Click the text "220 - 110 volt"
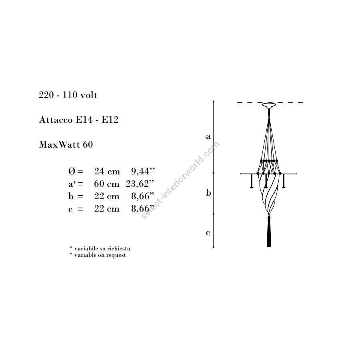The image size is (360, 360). tap(68, 95)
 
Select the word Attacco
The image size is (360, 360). tap(56, 120)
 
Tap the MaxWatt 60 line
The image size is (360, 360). tap(66, 144)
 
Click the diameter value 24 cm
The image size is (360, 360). tap(107, 171)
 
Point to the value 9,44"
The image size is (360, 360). tap(143, 171)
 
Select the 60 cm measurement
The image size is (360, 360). tap(106, 184)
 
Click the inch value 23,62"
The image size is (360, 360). tap(140, 184)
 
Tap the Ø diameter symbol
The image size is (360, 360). tap(72, 171)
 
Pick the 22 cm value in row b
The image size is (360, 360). tap(107, 196)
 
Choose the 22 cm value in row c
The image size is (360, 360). tap(107, 208)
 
